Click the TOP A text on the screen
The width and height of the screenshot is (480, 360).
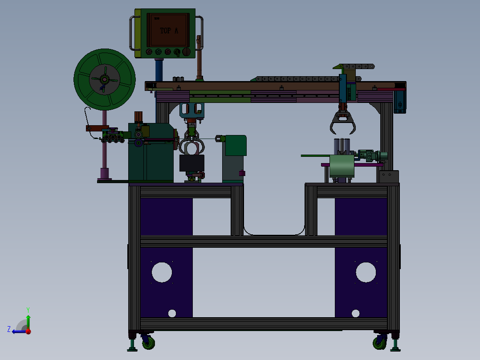click(x=169, y=31)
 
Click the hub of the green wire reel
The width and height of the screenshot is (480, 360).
click(x=104, y=80)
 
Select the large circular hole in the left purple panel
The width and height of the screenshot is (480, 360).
click(x=162, y=272)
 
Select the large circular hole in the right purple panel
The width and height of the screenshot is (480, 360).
click(x=366, y=272)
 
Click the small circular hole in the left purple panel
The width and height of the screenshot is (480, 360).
click(x=172, y=313)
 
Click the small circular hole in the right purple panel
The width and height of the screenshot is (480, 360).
click(x=355, y=313)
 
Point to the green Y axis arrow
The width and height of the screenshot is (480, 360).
click(x=28, y=320)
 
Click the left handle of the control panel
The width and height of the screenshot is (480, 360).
click(x=131, y=33)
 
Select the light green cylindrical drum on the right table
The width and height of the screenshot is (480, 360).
click(x=342, y=165)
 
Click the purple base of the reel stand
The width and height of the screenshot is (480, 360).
click(x=104, y=173)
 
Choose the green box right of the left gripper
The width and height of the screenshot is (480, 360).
click(x=236, y=145)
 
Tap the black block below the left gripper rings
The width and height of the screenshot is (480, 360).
click(x=191, y=163)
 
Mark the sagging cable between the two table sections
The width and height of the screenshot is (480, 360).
click(x=274, y=234)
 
